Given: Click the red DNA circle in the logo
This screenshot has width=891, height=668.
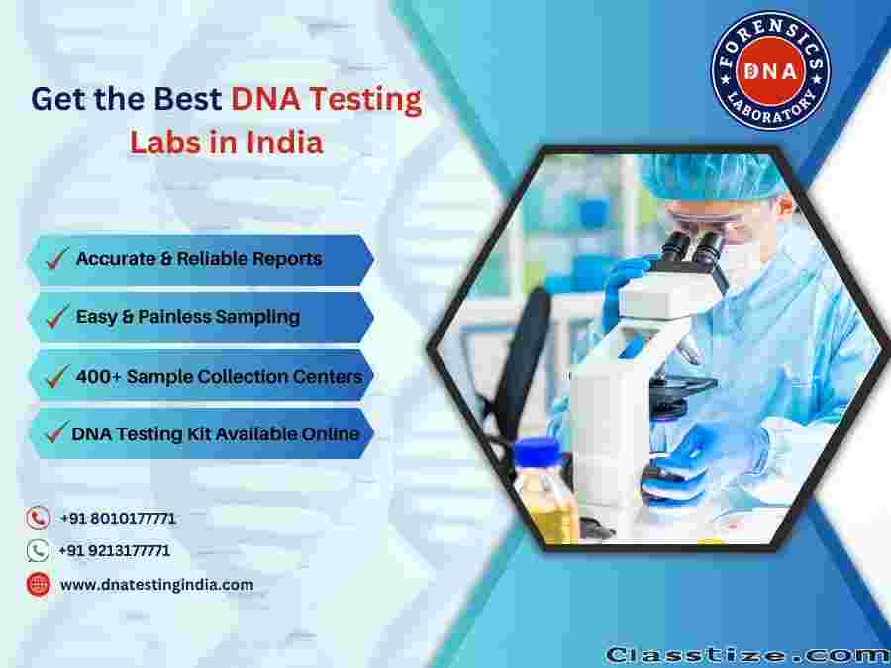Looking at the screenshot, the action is pos(770,70).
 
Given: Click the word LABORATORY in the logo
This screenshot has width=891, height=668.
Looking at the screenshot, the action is pos(771,107).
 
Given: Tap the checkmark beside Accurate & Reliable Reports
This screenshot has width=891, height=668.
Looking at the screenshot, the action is pos(56,258).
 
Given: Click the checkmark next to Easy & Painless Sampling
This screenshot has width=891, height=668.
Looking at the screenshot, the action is pos(56,316).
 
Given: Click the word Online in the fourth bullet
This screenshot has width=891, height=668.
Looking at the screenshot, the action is pos(330,434).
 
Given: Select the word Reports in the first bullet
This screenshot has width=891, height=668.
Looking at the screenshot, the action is pos(287,259).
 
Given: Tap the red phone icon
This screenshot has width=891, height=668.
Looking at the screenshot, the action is pos(38,518).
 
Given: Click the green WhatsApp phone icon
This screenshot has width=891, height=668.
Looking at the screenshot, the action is pos(38,550).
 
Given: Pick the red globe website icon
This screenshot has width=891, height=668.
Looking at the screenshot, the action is pos(38,584).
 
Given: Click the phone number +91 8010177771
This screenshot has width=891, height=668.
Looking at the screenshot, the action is pos(118,518).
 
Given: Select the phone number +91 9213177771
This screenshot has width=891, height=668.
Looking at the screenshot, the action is pos(114,550).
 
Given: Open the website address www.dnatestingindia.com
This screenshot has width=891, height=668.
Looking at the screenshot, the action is pos(156,585).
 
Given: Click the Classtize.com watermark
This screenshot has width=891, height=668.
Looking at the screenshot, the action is pos(746,655).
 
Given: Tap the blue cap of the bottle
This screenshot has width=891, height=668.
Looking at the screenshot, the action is pos(537,452).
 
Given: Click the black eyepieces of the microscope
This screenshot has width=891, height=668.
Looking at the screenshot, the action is pos(693,247).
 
